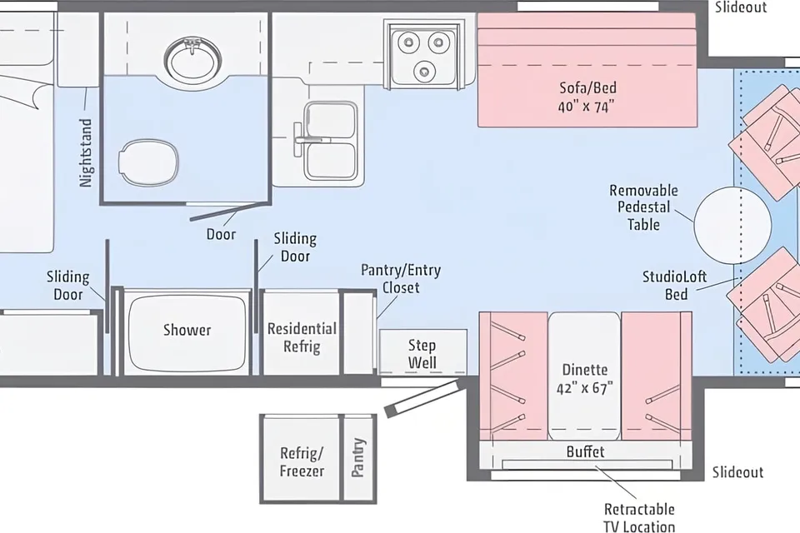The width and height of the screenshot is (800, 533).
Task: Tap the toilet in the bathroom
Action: (148, 161)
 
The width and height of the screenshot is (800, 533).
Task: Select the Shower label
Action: (187, 330)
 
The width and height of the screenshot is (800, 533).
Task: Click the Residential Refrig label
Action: (302, 337)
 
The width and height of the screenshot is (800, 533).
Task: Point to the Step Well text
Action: (422, 353)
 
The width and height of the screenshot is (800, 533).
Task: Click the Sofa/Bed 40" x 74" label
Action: (587, 97)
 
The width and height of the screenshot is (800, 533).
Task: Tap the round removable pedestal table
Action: (732, 225)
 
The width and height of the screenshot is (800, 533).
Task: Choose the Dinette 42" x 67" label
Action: (585, 378)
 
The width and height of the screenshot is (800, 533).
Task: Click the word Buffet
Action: (585, 451)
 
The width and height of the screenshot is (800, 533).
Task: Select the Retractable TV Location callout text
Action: (639, 517)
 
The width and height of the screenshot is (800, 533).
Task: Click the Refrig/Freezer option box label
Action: (302, 461)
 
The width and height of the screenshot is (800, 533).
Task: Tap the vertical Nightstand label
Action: (86, 152)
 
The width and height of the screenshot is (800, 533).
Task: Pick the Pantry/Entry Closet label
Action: (401, 278)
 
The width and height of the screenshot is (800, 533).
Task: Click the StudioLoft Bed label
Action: (674, 285)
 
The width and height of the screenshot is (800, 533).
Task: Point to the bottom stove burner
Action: (424, 71)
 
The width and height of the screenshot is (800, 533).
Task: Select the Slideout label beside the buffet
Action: (737, 472)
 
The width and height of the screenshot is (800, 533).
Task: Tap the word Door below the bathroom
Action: (221, 234)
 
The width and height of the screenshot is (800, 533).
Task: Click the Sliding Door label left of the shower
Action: (67, 286)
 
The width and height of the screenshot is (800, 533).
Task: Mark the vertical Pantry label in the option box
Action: (358, 457)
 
